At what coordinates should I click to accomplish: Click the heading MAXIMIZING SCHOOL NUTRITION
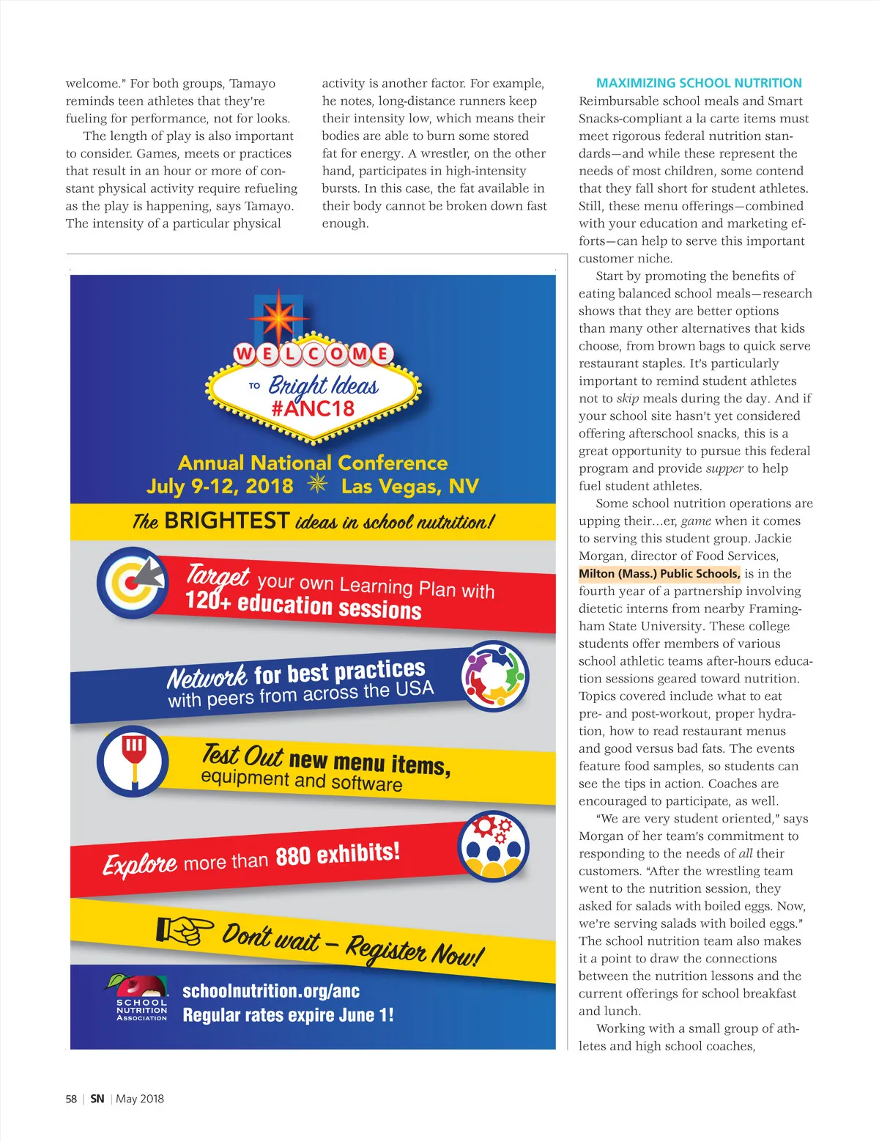tap(699, 83)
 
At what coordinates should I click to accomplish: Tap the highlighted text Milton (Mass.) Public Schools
tap(659, 573)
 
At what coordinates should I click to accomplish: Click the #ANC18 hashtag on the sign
tap(313, 408)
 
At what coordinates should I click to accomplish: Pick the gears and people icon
tap(493, 846)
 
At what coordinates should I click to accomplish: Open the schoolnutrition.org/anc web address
tap(271, 991)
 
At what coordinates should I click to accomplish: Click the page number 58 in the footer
tap(71, 1099)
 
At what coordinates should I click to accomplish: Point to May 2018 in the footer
tap(140, 1099)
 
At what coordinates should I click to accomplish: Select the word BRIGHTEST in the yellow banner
tap(226, 520)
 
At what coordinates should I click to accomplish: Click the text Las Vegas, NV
tap(409, 486)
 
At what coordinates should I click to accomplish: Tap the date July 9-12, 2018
tap(220, 486)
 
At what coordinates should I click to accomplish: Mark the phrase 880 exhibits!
tap(338, 855)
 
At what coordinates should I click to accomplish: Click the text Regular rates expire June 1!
tap(288, 1015)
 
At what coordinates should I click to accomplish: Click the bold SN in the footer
tap(97, 1099)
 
